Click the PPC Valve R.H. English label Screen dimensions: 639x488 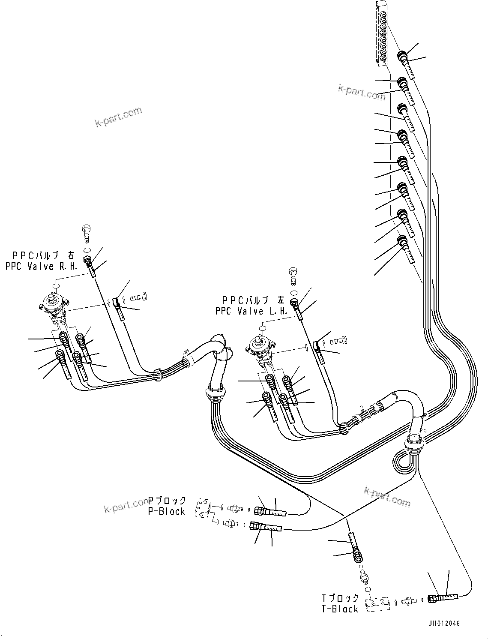(42, 266)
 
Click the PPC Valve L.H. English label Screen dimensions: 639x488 (251, 311)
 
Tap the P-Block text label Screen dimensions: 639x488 (166, 511)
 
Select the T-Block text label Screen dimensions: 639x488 (340, 609)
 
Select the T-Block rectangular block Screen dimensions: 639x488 (377, 604)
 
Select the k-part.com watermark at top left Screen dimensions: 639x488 (118, 117)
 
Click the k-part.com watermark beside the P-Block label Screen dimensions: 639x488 (126, 507)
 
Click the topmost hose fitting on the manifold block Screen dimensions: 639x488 (406, 62)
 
